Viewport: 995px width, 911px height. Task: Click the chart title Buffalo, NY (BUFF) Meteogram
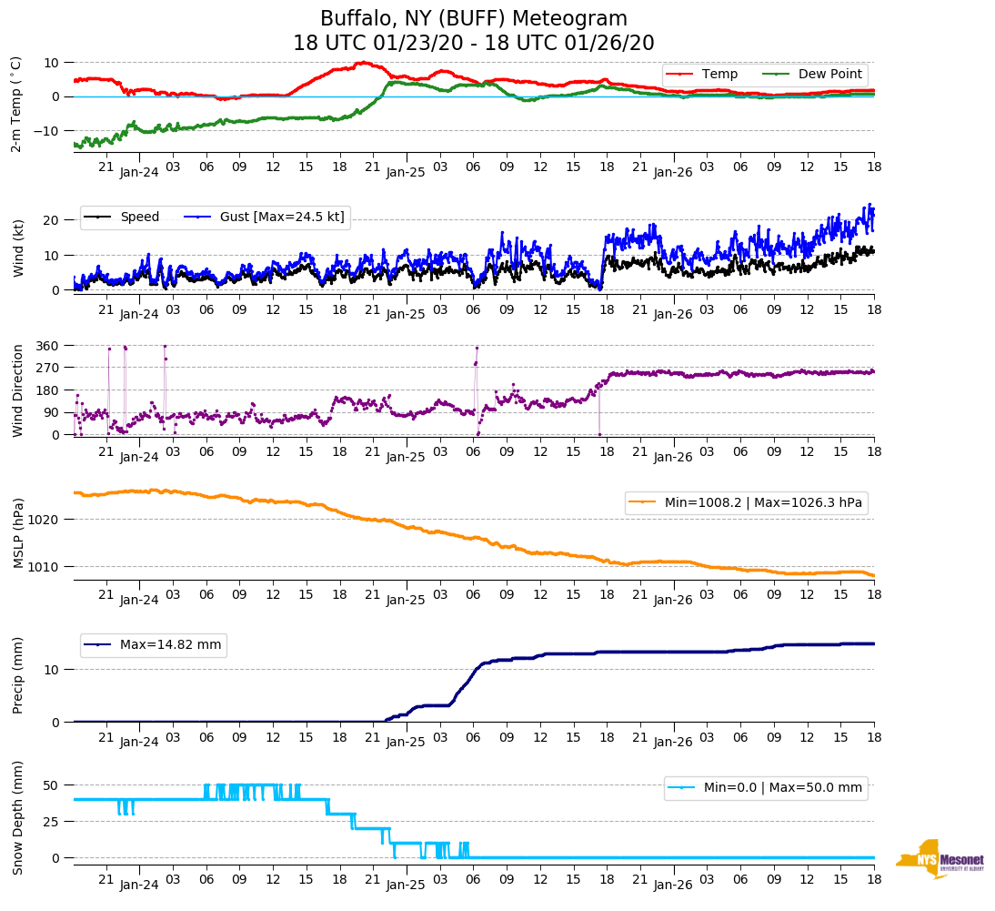[473, 19]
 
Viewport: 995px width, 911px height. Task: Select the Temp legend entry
[719, 75]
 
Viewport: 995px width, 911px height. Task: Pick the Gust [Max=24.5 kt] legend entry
[282, 217]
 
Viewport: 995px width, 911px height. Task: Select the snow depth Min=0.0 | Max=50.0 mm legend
[782, 788]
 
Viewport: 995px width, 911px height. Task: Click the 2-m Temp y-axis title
[16, 104]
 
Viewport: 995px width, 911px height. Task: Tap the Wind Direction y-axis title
[18, 390]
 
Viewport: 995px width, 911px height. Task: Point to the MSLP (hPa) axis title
[18, 533]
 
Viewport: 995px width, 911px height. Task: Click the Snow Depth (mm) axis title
[18, 818]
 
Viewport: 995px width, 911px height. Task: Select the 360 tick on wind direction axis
[48, 346]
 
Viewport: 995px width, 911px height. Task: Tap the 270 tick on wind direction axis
[48, 368]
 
